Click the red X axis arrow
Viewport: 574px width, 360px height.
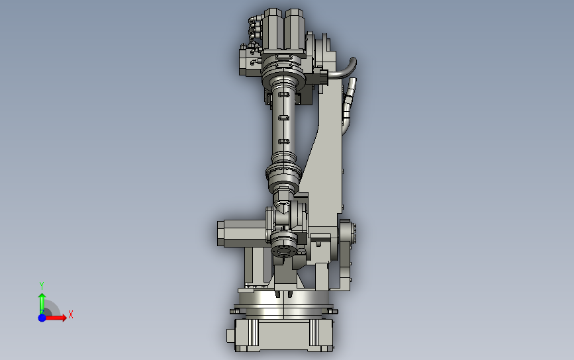58,318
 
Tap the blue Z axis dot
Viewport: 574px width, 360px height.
42,318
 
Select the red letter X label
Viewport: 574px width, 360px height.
70,315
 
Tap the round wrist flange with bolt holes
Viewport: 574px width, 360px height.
283,250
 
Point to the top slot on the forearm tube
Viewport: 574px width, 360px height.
283,95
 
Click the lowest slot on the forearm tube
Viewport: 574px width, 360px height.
283,141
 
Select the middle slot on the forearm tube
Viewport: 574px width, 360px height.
283,118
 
